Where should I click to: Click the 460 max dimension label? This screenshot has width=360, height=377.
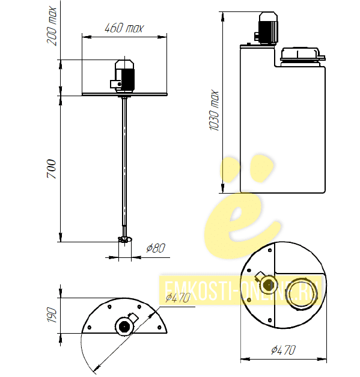tap(124, 28)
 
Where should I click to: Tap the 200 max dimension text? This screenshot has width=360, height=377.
tap(52, 26)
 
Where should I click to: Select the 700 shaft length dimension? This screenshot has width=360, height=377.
tap(52, 169)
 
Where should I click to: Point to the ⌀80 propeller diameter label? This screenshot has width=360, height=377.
tap(156, 248)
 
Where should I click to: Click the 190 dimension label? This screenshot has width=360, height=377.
tap(52, 314)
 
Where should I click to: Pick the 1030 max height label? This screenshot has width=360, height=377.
tap(214, 111)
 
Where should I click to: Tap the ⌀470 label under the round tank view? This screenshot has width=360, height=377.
tap(283, 350)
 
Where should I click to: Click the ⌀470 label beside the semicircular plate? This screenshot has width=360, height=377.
tap(178, 298)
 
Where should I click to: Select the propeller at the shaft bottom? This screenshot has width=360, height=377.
tap(125, 240)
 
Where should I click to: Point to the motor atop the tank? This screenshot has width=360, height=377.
tap(267, 28)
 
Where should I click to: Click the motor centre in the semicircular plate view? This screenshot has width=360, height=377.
tap(124, 326)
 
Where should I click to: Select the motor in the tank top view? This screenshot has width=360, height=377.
tap(266, 284)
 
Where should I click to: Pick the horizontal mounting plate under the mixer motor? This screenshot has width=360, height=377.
tap(124, 94)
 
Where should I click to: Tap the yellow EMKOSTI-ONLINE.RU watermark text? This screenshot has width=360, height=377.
tap(241, 290)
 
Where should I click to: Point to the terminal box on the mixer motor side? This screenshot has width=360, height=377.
tap(115, 84)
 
